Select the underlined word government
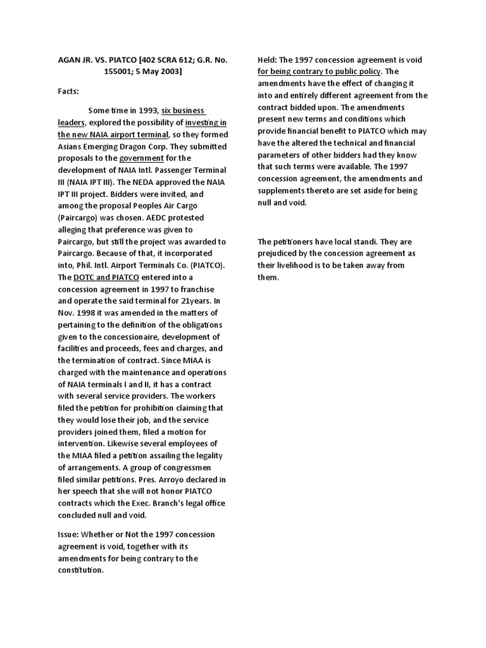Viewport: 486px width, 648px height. tap(142, 158)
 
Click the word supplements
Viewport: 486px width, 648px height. tap(281, 190)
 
